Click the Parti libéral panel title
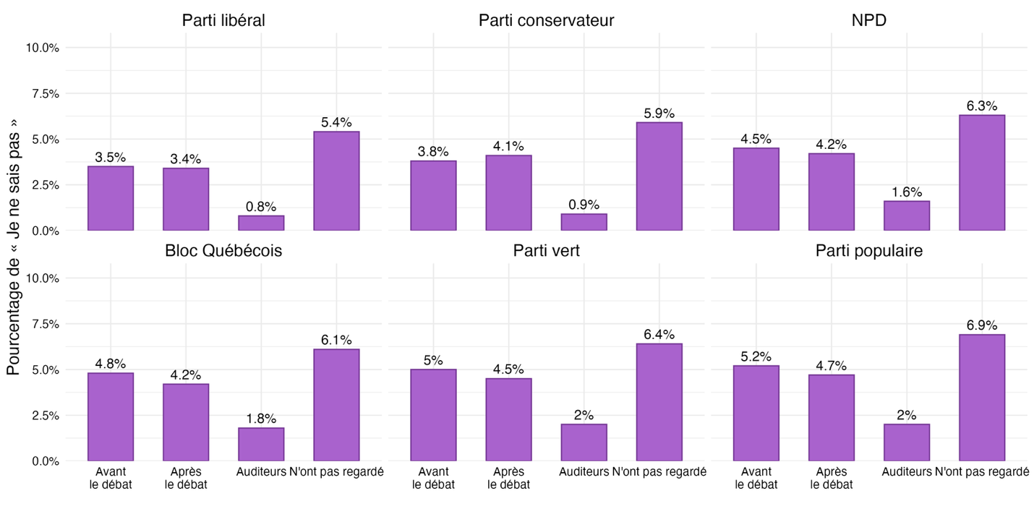[223, 20]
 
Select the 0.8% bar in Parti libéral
[261, 223]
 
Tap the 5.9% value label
[659, 114]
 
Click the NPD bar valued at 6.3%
[981, 173]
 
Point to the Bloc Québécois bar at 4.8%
[111, 416]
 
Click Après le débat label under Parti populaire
[831, 478]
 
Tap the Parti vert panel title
[546, 251]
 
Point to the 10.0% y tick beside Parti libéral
[43, 48]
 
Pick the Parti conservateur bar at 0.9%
[584, 222]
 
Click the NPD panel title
[868, 20]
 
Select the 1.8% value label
[261, 419]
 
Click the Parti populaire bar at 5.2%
[756, 413]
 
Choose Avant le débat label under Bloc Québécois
[111, 478]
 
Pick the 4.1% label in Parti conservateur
[508, 146]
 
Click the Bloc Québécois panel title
[223, 251]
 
